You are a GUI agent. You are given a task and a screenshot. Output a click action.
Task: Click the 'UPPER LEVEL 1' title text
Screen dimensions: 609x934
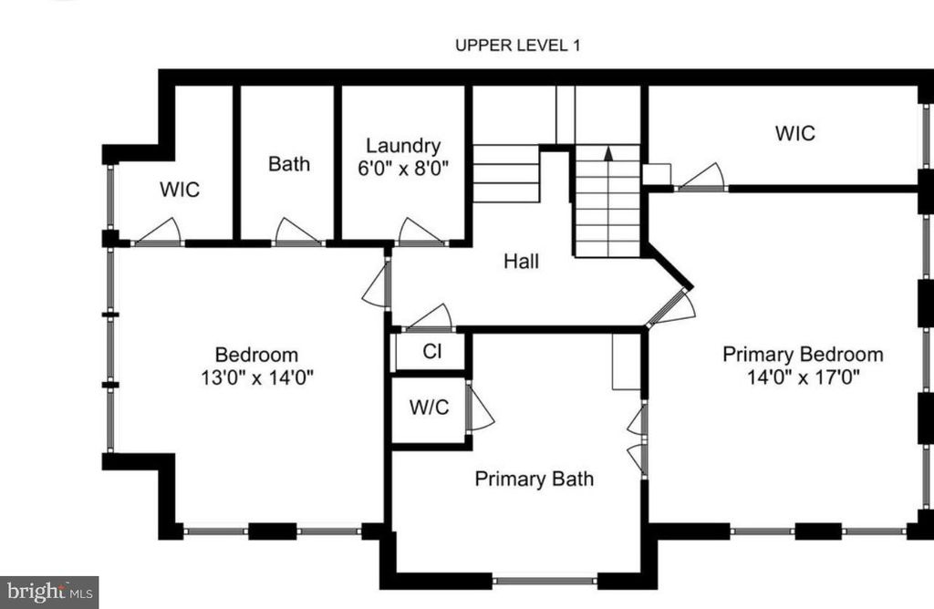click(517, 46)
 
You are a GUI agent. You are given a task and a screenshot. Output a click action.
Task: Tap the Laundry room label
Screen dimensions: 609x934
click(403, 146)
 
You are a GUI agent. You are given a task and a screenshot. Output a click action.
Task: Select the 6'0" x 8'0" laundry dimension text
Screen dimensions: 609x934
click(403, 169)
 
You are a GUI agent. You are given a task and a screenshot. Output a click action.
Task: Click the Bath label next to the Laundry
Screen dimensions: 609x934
click(288, 164)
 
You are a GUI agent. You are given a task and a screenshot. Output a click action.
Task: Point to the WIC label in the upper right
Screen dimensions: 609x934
click(794, 133)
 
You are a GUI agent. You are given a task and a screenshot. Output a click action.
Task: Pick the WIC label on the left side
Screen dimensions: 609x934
click(180, 191)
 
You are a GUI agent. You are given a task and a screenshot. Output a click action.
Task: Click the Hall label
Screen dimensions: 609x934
click(521, 262)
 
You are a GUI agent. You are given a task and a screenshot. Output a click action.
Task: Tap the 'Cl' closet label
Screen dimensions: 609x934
click(431, 352)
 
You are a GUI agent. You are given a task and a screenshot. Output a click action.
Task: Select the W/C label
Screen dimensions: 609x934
click(428, 408)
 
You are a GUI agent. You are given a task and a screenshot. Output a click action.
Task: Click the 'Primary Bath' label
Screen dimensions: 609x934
click(534, 479)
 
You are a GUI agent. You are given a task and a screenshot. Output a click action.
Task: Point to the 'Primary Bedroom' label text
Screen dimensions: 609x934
click(803, 355)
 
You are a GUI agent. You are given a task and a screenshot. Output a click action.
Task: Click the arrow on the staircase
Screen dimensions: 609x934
click(607, 155)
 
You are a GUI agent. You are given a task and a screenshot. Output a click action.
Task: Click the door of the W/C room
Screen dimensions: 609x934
click(480, 409)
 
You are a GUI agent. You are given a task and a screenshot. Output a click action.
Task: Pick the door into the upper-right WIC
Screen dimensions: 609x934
click(701, 177)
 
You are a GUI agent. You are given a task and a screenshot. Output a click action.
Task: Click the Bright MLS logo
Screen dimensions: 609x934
click(49, 592)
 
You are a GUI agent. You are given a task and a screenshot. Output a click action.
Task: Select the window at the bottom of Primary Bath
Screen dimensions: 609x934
click(545, 579)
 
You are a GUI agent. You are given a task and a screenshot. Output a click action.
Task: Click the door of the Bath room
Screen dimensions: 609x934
click(297, 232)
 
